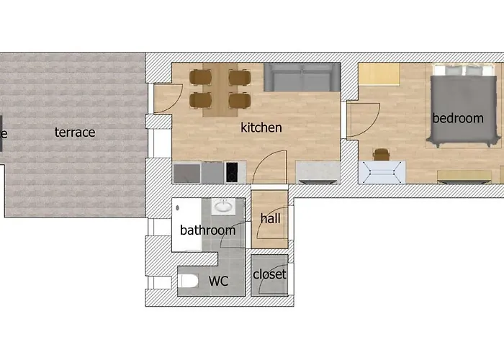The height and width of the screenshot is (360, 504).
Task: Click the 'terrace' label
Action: click(75, 132)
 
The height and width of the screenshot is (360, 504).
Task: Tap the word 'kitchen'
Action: click(261, 128)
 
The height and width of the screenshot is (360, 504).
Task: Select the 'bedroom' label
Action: click(458, 118)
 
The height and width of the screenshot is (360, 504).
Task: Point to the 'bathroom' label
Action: click(207, 230)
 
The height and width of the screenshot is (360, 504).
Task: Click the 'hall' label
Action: click(271, 219)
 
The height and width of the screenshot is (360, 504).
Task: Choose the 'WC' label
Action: click(217, 281)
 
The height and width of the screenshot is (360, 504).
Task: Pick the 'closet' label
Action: click(269, 274)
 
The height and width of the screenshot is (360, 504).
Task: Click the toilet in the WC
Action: click(189, 280)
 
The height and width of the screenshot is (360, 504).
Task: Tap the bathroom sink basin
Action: click(224, 207)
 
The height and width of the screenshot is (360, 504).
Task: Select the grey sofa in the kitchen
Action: click(302, 77)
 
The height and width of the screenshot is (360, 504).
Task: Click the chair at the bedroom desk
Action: click(381, 154)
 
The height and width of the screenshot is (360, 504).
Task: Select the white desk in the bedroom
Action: click(382, 171)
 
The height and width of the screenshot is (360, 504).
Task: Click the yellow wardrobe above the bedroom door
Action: click(379, 74)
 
